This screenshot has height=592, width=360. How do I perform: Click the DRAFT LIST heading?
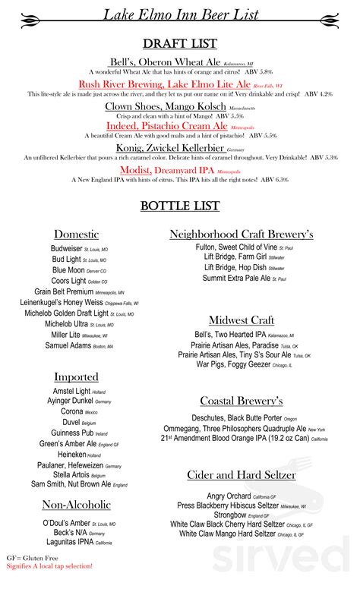coord(179,43)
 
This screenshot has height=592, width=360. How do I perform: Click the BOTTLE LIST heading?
coord(179,206)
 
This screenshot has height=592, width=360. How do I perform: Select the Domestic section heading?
coord(76,235)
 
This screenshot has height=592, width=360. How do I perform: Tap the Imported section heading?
coord(76,376)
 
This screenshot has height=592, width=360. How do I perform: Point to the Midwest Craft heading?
coord(242,320)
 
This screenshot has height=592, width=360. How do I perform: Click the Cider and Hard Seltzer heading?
coord(242,475)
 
